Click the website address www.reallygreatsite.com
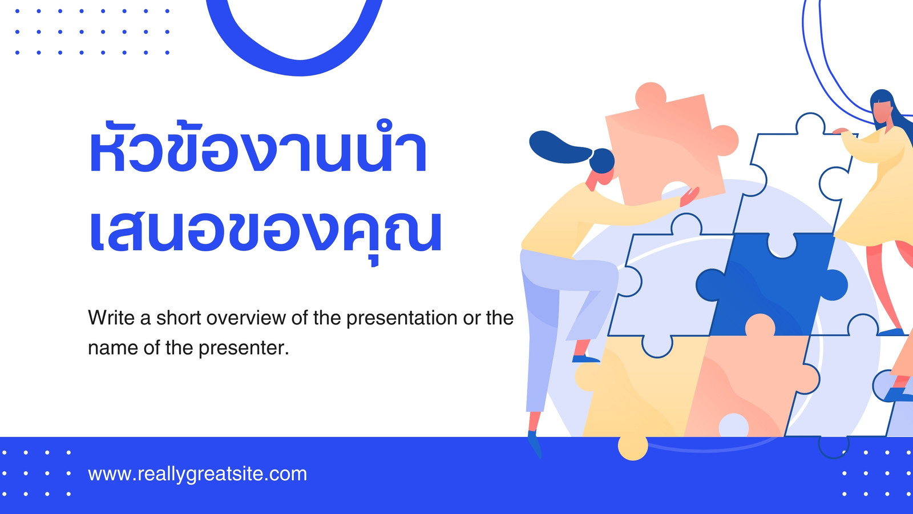[197, 475]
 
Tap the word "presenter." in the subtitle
[244, 348]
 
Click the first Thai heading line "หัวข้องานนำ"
[258, 147]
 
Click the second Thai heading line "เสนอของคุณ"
[265, 232]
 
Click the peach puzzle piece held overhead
[668, 147]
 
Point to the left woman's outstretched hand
[689, 196]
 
